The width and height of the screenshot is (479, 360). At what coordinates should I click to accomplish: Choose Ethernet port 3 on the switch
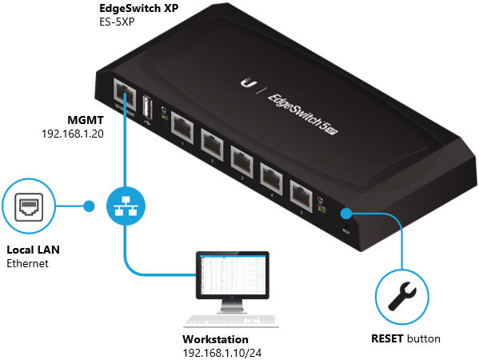coord(242,158)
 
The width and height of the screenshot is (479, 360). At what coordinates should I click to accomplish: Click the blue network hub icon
coord(124,206)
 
